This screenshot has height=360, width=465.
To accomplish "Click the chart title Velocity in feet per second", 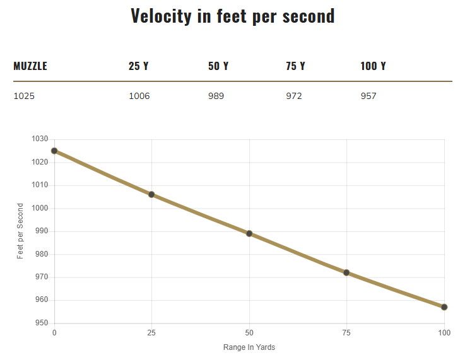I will pyautogui.click(x=232, y=16).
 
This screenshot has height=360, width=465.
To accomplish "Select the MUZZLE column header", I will pyautogui.click(x=30, y=66).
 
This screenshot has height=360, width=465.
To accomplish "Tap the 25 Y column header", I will pyautogui.click(x=139, y=66).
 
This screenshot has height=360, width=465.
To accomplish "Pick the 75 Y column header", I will pyautogui.click(x=295, y=66).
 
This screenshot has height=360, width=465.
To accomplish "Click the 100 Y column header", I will pyautogui.click(x=373, y=66).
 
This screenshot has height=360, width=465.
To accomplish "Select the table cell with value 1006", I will pyautogui.click(x=139, y=96).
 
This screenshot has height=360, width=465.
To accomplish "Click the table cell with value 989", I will pyautogui.click(x=216, y=96).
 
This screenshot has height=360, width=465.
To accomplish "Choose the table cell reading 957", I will pyautogui.click(x=368, y=96).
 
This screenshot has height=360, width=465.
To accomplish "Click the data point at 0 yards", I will pyautogui.click(x=54, y=151).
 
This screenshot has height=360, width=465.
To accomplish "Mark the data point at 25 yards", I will pyautogui.click(x=151, y=194).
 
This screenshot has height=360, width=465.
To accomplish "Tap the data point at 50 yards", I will pyautogui.click(x=249, y=233).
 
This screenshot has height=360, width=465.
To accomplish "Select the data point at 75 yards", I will pyautogui.click(x=346, y=272).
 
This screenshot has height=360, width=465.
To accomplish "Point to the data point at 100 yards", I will pyautogui.click(x=444, y=307).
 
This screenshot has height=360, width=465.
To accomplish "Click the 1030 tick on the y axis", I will pyautogui.click(x=40, y=139).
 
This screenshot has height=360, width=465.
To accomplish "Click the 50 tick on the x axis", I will pyautogui.click(x=249, y=332).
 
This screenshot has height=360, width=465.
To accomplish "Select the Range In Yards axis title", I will pyautogui.click(x=249, y=347).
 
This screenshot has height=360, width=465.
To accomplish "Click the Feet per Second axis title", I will pyautogui.click(x=20, y=231).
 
